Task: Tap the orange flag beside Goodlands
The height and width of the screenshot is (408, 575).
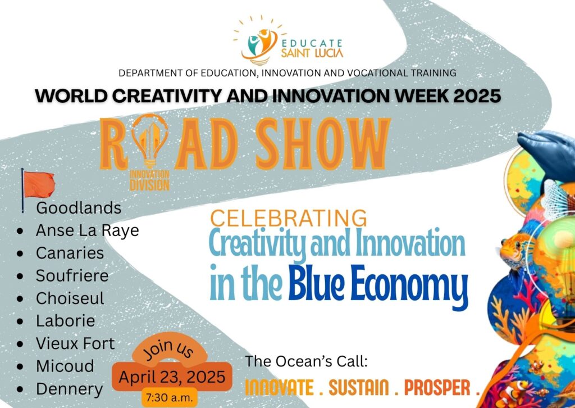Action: pyautogui.click(x=38, y=185)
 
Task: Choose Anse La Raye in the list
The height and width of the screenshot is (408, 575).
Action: pyautogui.click(x=87, y=231)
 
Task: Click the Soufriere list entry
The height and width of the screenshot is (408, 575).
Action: pyautogui.click(x=72, y=276)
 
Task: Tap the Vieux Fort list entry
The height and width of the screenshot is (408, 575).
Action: pyautogui.click(x=75, y=344)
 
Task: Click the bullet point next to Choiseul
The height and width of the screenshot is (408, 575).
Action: pyautogui.click(x=20, y=298)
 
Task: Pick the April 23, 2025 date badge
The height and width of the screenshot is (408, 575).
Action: pyautogui.click(x=172, y=377)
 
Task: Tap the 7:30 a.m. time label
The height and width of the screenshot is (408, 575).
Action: pyautogui.click(x=170, y=398)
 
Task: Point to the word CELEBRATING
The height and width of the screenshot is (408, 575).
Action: pyautogui.click(x=288, y=218)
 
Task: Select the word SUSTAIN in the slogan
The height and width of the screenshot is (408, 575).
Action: pyautogui.click(x=359, y=388)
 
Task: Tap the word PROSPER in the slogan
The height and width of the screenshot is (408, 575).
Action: pyautogui.click(x=437, y=388)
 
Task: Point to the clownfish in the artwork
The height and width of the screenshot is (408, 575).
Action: pyautogui.click(x=516, y=393)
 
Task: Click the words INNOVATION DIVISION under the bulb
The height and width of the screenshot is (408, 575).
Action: pyautogui.click(x=149, y=180)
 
